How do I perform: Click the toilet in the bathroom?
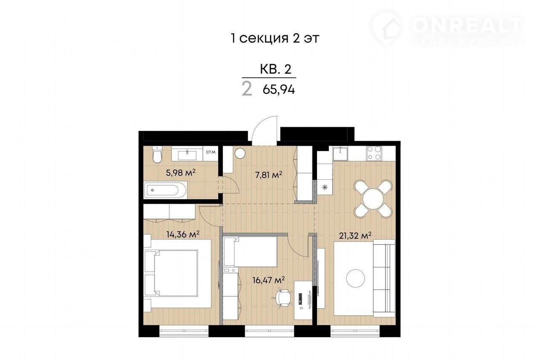click(x=157, y=154)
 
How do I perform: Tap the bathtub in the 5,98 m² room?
click(x=165, y=190)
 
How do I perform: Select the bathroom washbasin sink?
click(x=187, y=155)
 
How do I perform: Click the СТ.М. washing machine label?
click(x=211, y=152)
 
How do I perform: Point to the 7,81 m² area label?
click(x=269, y=175)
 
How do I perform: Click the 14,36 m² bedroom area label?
click(x=183, y=234)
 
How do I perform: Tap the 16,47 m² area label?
click(x=269, y=280)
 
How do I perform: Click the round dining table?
click(x=373, y=199)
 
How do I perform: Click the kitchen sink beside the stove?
click(x=340, y=154)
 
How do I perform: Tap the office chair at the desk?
click(x=282, y=299)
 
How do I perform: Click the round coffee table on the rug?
click(x=355, y=278)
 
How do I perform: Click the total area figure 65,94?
click(x=279, y=90)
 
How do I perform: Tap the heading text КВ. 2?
click(x=276, y=69)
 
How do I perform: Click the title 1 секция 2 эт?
click(x=275, y=38)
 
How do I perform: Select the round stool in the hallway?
click(x=240, y=153)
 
